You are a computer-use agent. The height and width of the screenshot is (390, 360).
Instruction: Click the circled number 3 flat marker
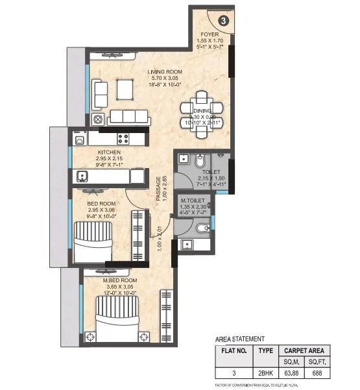(223, 20)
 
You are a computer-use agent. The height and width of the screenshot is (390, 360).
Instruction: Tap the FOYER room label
(209, 34)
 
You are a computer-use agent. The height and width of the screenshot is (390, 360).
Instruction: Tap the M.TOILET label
(193, 201)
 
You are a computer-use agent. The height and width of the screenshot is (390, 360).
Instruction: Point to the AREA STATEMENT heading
(239, 339)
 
